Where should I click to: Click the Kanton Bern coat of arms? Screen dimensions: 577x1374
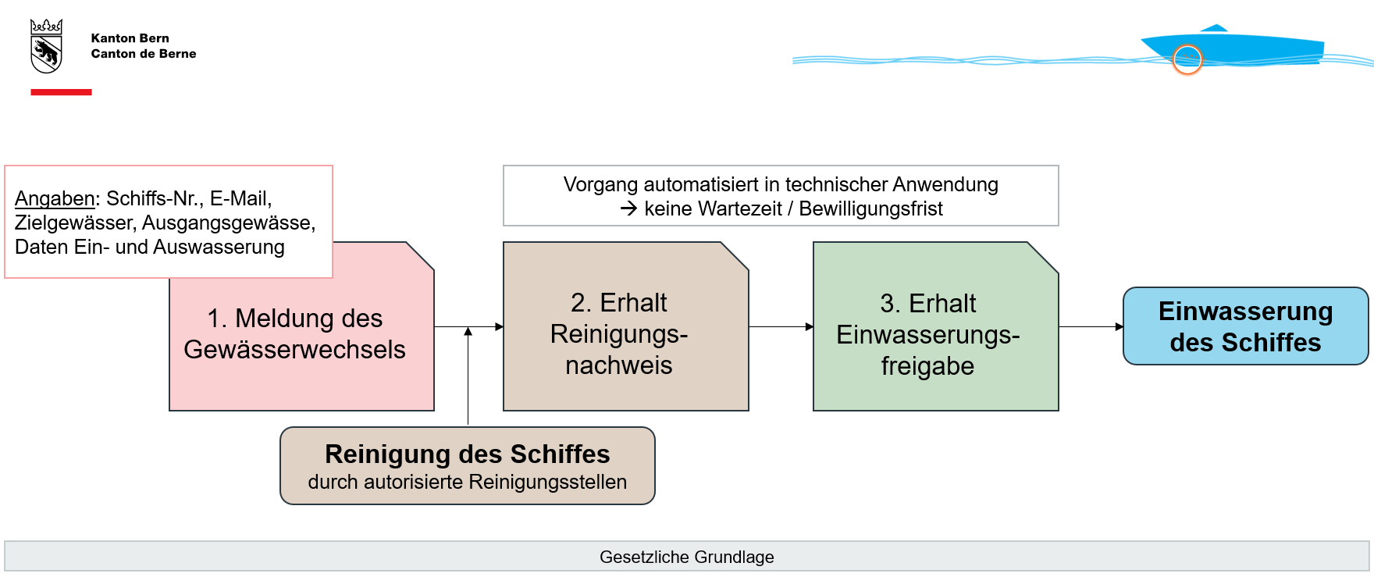tap(46, 47)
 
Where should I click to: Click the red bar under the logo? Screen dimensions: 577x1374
tap(61, 92)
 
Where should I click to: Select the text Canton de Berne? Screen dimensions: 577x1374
tap(144, 54)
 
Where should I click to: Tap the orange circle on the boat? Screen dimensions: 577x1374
tap(1187, 59)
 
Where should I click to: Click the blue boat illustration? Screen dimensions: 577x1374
tap(1249, 47)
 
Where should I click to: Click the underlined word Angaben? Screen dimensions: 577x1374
tap(55, 198)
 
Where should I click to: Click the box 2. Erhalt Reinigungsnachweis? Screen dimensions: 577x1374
tap(625, 333)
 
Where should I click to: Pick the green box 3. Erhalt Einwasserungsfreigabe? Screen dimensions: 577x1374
tap(934, 334)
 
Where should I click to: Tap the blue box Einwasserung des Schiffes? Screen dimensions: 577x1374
tap(1245, 326)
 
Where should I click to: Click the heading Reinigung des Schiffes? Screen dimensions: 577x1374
tap(467, 454)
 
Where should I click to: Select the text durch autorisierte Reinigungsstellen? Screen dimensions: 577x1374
tap(467, 483)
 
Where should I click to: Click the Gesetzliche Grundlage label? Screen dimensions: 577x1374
tap(686, 557)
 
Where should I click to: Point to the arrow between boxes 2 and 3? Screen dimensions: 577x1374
tap(781, 326)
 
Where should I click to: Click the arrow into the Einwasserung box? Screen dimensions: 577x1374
tap(1091, 326)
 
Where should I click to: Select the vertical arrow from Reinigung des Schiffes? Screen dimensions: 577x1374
tap(468, 375)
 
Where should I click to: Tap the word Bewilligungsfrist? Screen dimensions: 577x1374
tap(870, 209)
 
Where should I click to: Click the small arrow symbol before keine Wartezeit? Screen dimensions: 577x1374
tap(628, 208)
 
